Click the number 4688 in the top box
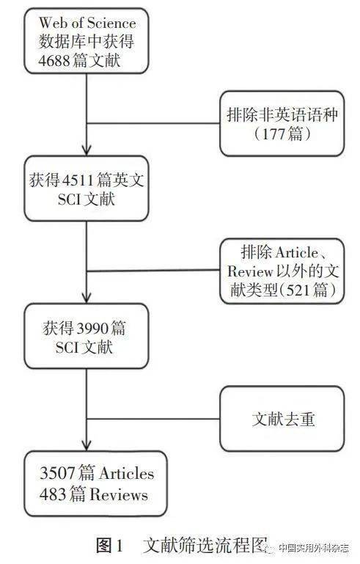pyautogui.click(x=54, y=60)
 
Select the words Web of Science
pyautogui.click(x=87, y=23)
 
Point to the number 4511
pyautogui.click(x=78, y=180)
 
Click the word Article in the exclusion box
pyautogui.click(x=296, y=252)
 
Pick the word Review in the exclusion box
pyautogui.click(x=249, y=271)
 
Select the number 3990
pyautogui.click(x=93, y=329)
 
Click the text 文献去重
pyautogui.click(x=283, y=419)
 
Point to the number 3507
pyautogui.click(x=57, y=472)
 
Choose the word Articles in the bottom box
pyautogui.click(x=126, y=473)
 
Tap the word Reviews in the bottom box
pyautogui.click(x=119, y=494)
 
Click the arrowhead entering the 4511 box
pyautogui.click(x=87, y=150)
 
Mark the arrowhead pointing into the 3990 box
pyautogui.click(x=87, y=298)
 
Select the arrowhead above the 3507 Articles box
pyautogui.click(x=87, y=444)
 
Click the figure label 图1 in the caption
pyautogui.click(x=110, y=546)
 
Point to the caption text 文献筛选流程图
pyautogui.click(x=205, y=546)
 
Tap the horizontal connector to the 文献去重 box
pyautogui.click(x=153, y=419)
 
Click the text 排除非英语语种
pyautogui.click(x=282, y=115)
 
